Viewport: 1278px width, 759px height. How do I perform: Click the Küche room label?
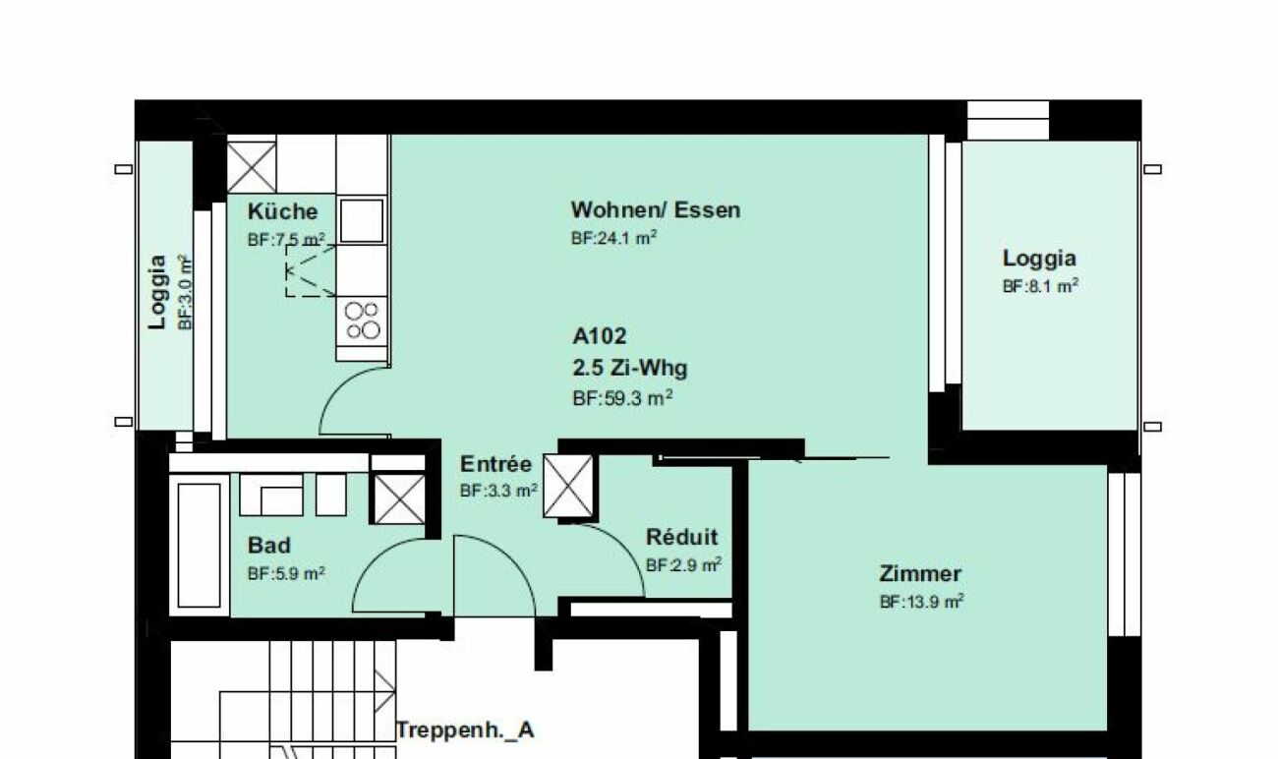coord(282,211)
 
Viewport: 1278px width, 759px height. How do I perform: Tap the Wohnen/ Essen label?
coord(656,210)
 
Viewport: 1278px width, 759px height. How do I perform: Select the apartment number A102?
coord(599,336)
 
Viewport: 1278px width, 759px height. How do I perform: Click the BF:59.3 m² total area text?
coord(622,398)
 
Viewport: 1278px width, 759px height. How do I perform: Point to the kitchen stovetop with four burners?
coord(363,321)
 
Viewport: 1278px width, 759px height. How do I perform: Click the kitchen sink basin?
coord(362,220)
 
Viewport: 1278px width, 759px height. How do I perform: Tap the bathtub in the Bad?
coord(200,546)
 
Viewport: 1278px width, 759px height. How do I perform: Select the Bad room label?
coord(268,546)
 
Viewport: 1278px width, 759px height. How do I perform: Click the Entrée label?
coord(495,464)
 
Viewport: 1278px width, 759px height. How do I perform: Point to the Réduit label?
coord(682,537)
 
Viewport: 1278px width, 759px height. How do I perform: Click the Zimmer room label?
coord(920,573)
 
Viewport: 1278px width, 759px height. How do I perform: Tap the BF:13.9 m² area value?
coord(922,602)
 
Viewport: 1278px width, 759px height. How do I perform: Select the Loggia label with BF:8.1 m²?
coord(1039,258)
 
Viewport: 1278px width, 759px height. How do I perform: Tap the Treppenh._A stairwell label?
coord(465,730)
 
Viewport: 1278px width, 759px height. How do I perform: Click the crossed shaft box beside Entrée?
coord(567,487)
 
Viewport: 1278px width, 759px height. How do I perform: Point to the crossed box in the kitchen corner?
coord(252,167)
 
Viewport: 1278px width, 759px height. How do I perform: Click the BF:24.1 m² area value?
coord(613,238)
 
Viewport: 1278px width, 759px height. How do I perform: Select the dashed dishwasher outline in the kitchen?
coord(311,271)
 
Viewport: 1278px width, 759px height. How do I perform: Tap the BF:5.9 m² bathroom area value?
coord(286,573)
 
